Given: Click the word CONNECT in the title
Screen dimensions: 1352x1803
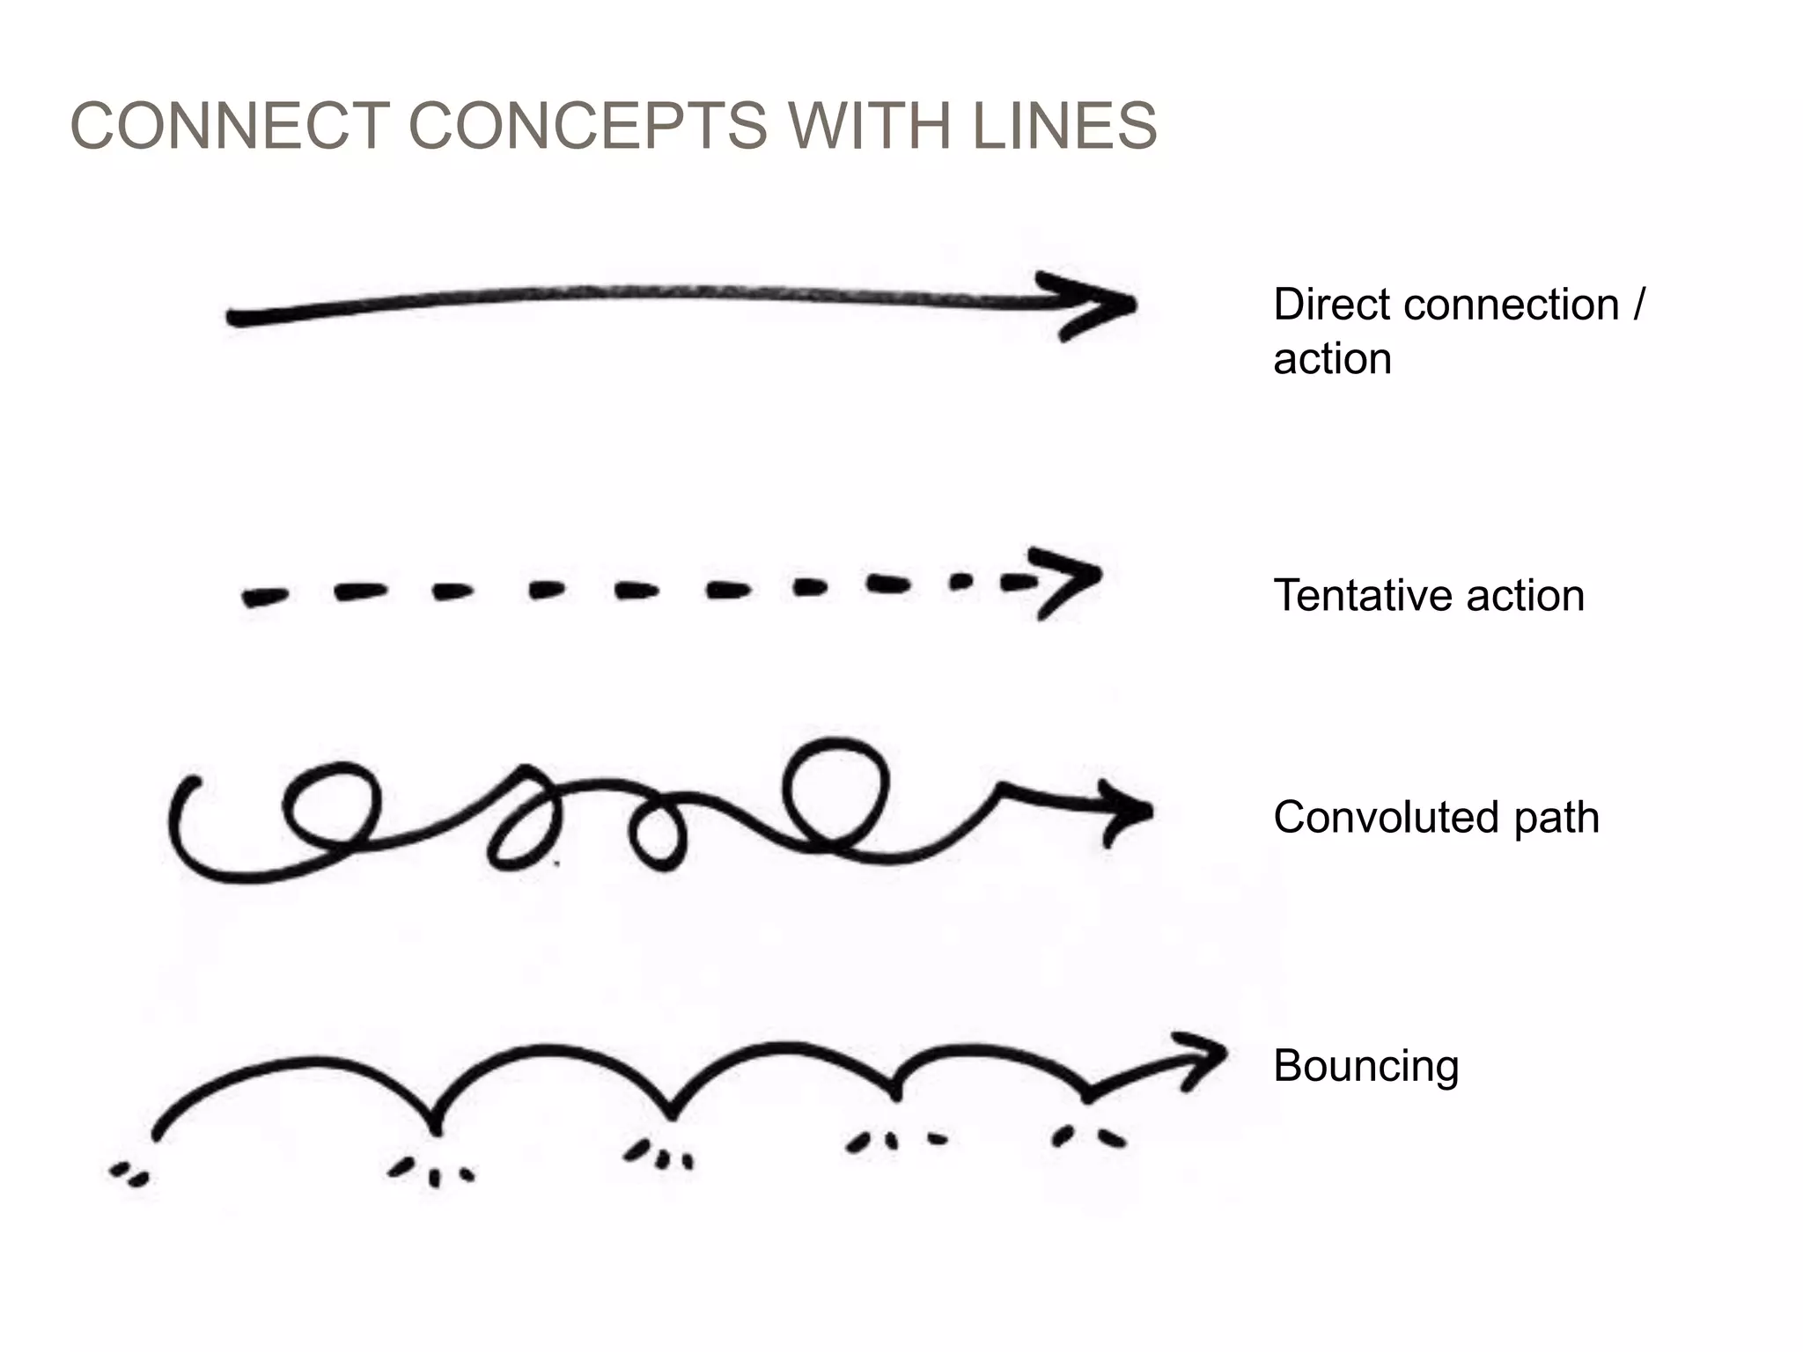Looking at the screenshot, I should coord(230,126).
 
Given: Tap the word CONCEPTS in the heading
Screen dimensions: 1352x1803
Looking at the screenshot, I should coord(587,126).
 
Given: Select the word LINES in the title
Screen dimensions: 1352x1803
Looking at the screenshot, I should coord(1064,126).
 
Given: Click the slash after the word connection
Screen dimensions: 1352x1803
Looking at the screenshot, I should coord(1637,305).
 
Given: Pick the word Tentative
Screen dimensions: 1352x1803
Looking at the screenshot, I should coord(1363,596).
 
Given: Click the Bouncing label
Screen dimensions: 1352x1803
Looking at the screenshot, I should coord(1365,1066).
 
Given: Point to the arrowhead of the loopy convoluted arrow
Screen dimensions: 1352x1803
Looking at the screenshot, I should coord(1127,811).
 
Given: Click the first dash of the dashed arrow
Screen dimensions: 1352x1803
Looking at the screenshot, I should coord(264,598).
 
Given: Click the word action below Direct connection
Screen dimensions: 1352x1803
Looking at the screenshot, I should coord(1332,359).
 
